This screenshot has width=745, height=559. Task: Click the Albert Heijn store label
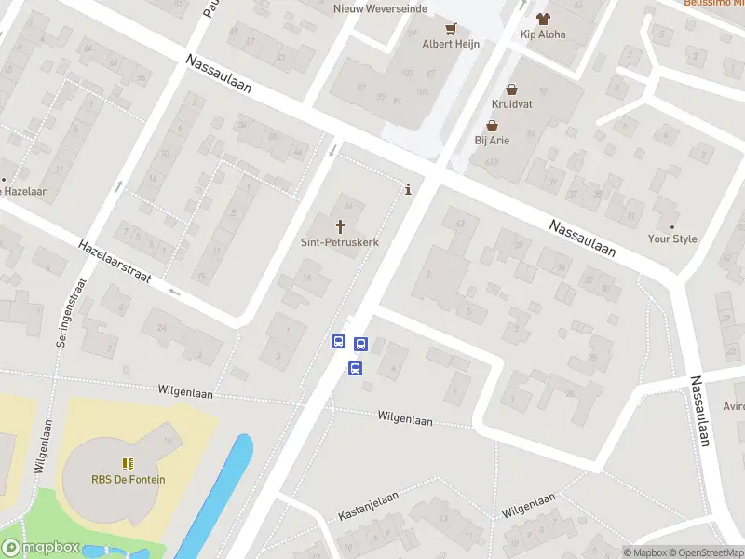451,44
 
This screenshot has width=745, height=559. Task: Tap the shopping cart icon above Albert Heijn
451,28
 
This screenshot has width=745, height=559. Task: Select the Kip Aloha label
543,34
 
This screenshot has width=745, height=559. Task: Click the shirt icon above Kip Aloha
543,18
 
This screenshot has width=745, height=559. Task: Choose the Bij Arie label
493,141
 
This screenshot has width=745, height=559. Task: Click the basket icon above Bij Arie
493,125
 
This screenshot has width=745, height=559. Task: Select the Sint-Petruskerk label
340,241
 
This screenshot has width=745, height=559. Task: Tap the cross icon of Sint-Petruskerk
340,225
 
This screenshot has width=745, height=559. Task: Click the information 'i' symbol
408,190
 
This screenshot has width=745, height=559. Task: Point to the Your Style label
672,239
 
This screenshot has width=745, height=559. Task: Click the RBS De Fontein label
128,480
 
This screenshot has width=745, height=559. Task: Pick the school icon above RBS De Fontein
128,463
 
